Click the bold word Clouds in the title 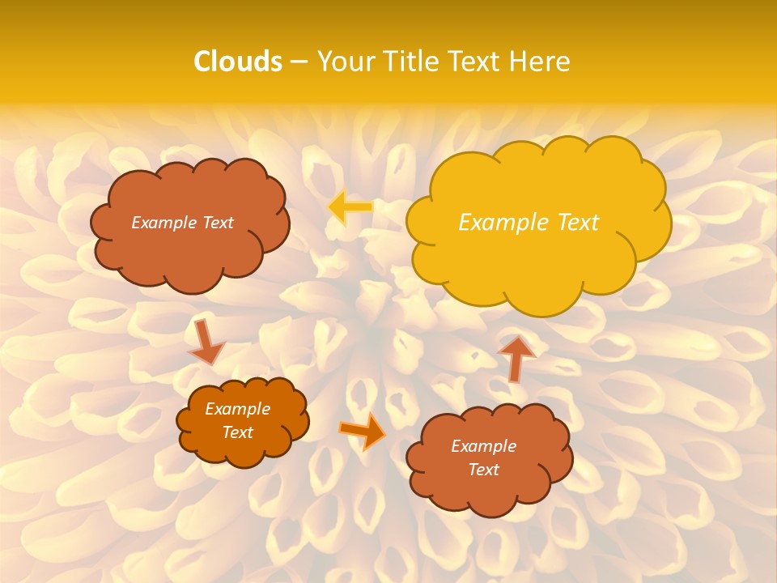238,62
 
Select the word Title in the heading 413,62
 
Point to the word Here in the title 541,62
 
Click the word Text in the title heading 476,62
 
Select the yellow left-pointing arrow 350,207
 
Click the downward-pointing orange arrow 206,341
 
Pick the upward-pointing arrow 516,357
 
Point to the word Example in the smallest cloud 238,409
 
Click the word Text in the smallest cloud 238,432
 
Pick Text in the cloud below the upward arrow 483,470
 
